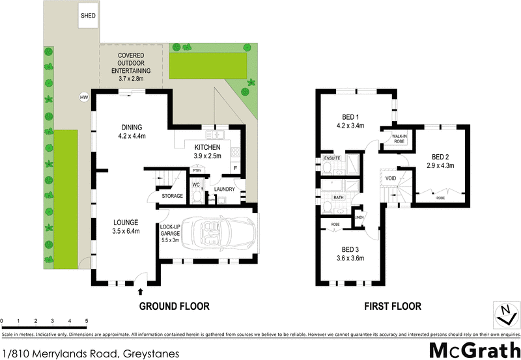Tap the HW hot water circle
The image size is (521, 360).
click(x=83, y=98)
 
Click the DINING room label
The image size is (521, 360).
click(x=136, y=132)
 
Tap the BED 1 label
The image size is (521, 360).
click(x=350, y=121)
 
